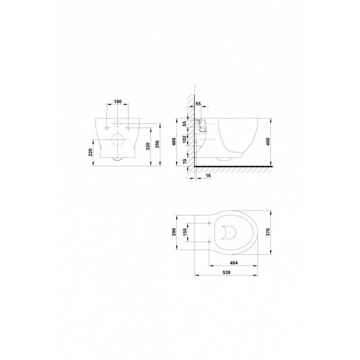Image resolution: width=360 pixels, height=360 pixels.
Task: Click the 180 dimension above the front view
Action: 117,101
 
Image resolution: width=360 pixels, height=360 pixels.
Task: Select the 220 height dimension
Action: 90,152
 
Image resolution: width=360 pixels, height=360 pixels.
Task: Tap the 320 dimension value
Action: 148,147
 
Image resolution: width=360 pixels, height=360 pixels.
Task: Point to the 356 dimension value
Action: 157,144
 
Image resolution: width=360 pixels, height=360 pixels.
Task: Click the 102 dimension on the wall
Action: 184,139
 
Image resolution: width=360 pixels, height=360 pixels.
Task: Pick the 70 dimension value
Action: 185,161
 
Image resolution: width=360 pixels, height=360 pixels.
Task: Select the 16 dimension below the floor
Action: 208,175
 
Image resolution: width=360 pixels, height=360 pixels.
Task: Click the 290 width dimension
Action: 174,232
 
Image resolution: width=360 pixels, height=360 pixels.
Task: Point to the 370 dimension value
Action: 268,232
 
